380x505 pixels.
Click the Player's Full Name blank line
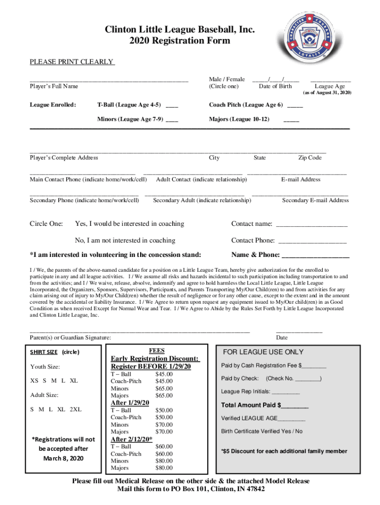109,79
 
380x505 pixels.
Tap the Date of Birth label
275,87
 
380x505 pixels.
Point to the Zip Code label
310,158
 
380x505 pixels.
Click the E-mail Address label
301,180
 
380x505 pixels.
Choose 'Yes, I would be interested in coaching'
129,224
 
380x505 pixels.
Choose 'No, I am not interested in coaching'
125,241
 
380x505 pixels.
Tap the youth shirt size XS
34,381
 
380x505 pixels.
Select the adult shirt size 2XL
76,409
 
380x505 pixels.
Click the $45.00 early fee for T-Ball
164,374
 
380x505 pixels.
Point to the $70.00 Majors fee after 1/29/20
164,432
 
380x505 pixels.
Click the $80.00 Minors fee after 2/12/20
164,461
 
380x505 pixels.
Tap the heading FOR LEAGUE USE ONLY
264,352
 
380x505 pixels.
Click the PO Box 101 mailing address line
190,489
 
